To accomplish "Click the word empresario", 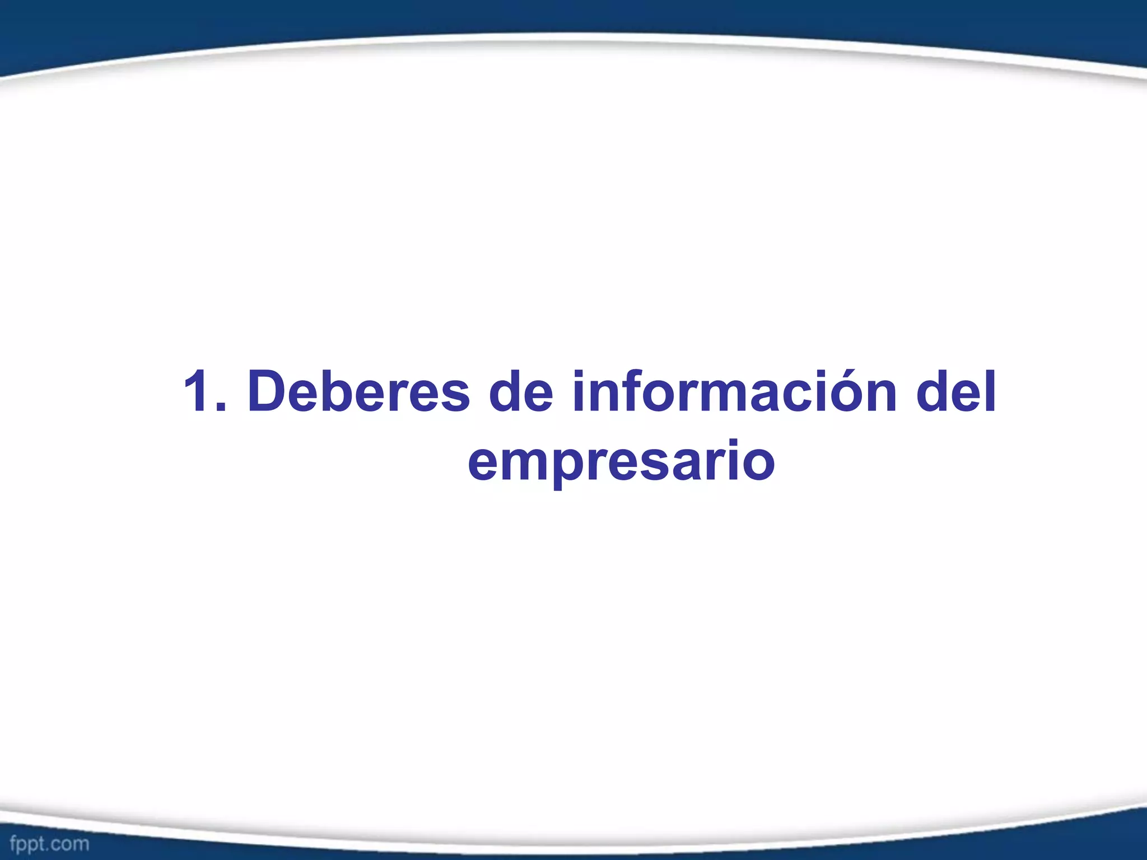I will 621,462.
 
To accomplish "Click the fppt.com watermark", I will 49,843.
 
